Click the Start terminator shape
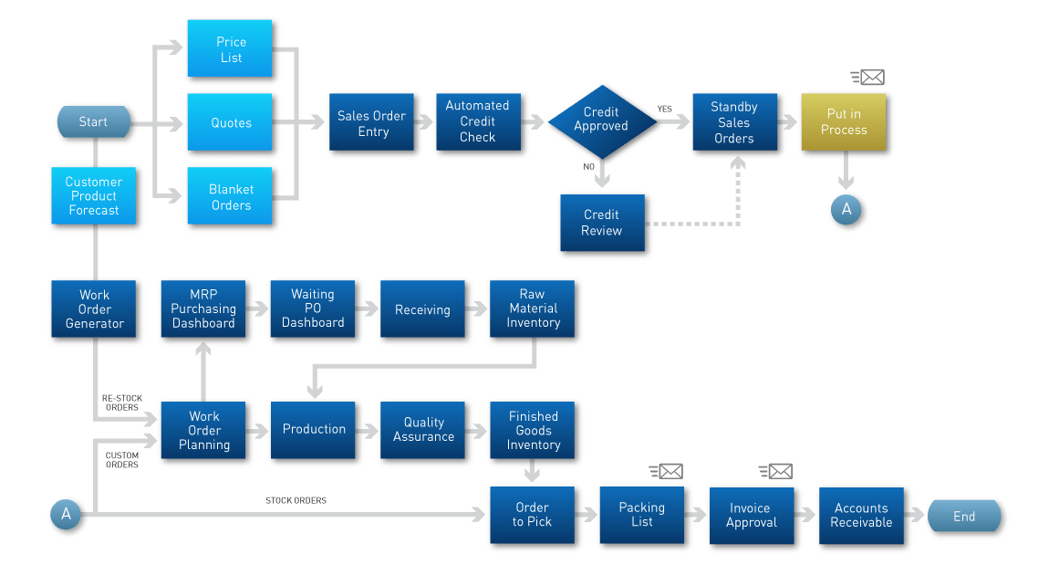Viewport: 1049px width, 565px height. pyautogui.click(x=93, y=122)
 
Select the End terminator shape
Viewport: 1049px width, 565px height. pyautogui.click(x=963, y=517)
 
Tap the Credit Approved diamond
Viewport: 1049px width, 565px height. pyautogui.click(x=600, y=120)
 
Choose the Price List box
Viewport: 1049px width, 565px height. pyautogui.click(x=231, y=49)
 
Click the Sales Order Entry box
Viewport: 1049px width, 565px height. pyautogui.click(x=373, y=124)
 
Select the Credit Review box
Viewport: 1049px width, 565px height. pyautogui.click(x=601, y=223)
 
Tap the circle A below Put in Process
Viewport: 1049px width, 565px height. pyautogui.click(x=846, y=209)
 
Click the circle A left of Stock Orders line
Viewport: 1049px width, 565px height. pyautogui.click(x=66, y=515)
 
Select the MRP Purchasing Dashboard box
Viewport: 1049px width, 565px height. pyautogui.click(x=203, y=309)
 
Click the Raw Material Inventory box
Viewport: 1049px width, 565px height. pyautogui.click(x=533, y=309)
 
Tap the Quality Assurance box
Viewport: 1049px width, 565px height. pyautogui.click(x=423, y=430)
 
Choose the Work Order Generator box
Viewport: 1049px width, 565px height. pyautogui.click(x=94, y=309)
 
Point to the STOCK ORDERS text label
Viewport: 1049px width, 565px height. pyautogui.click(x=296, y=500)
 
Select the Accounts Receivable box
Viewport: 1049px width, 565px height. pyautogui.click(x=861, y=516)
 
